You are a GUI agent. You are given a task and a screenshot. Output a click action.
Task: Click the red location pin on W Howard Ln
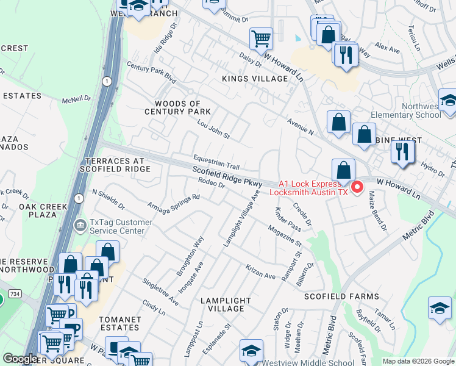click(x=358, y=185)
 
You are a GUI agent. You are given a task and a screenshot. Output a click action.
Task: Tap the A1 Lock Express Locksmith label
click(x=313, y=187)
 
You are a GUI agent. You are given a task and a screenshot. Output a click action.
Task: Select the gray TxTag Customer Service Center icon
click(x=80, y=226)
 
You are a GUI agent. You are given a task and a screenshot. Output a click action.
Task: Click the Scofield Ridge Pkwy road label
click(x=227, y=178)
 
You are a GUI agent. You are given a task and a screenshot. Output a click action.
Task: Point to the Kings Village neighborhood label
click(x=255, y=79)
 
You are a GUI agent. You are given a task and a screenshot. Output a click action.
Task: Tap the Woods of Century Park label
click(x=177, y=107)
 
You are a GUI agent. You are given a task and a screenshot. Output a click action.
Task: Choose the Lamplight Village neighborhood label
click(x=226, y=304)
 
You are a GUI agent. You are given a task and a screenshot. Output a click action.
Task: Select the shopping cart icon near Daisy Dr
click(x=261, y=38)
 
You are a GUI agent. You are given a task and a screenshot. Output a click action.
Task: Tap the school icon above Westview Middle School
click(x=251, y=350)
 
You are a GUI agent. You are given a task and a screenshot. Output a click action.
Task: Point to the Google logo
click(x=20, y=359)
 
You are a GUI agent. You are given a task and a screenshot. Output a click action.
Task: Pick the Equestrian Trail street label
click(x=216, y=162)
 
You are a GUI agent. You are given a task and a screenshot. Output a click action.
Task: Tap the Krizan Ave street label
click(x=260, y=271)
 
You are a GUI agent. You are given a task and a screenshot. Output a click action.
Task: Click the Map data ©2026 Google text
click(x=418, y=361)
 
